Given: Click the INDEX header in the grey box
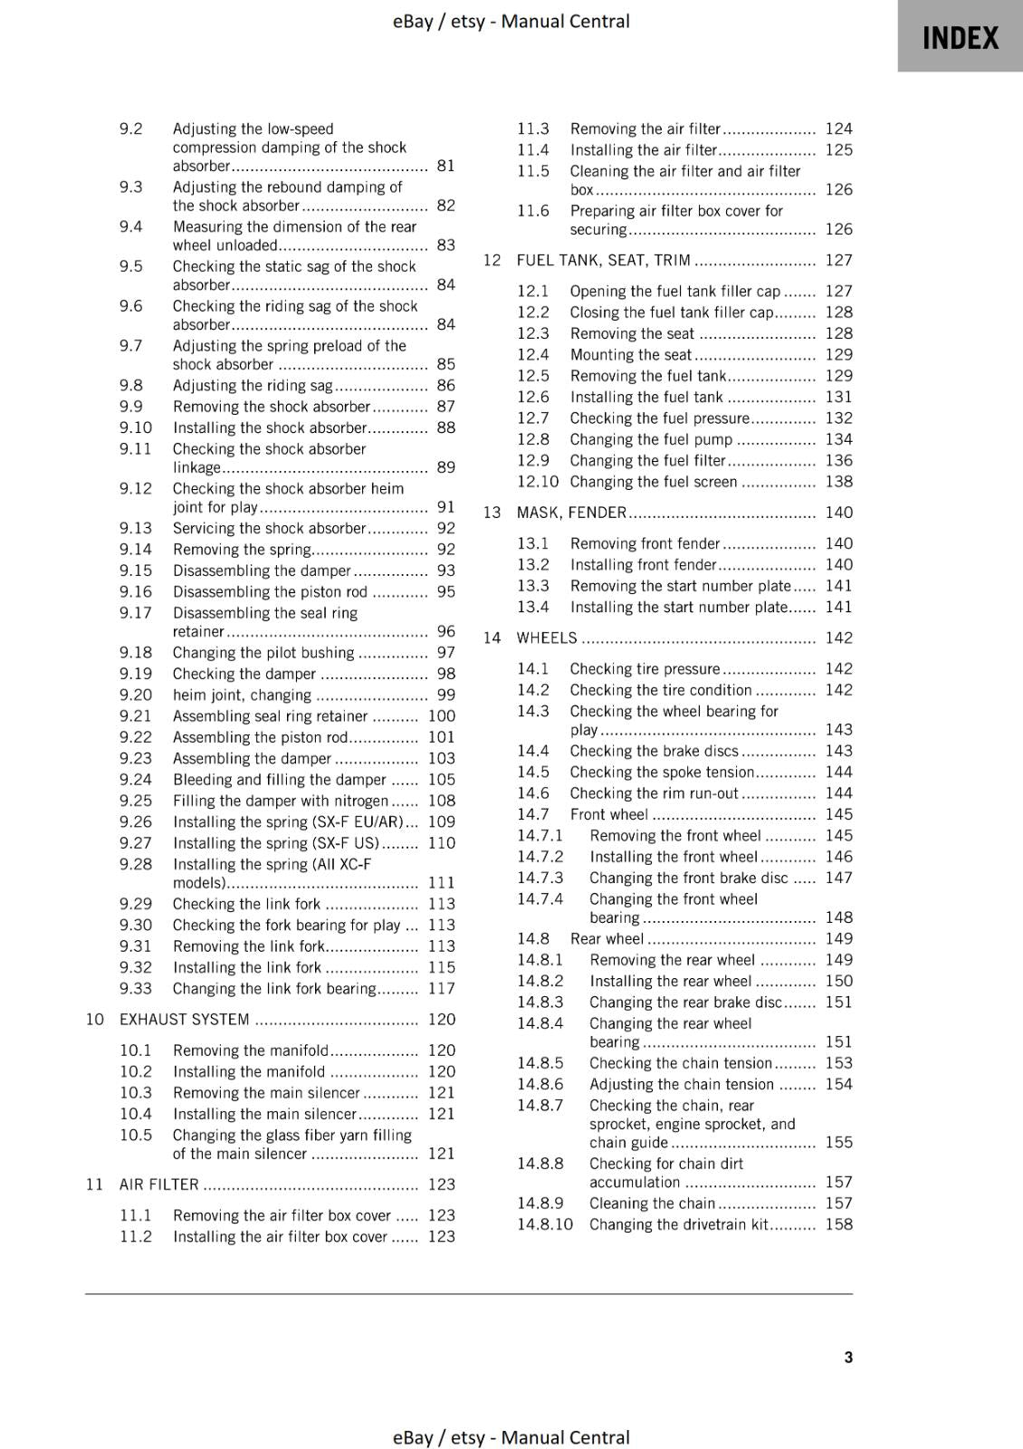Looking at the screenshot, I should tap(960, 38).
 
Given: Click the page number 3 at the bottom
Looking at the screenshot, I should tap(848, 1357).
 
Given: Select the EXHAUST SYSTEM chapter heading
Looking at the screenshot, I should tap(185, 1019).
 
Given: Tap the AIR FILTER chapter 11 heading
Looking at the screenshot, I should tap(159, 1184).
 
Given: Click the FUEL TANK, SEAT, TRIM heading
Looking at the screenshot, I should tap(603, 260).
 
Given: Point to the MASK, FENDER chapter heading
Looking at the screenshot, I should tap(571, 512).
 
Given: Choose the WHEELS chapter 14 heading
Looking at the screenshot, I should tap(546, 638).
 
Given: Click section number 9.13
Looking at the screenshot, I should tap(136, 528).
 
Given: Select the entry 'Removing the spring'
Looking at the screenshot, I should tap(242, 549).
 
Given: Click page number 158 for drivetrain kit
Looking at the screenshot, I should tap(838, 1224).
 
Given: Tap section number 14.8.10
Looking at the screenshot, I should tap(545, 1224).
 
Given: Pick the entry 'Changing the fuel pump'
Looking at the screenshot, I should tap(651, 439).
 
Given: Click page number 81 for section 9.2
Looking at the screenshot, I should tap(445, 166).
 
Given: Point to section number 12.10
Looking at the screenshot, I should tap(538, 482).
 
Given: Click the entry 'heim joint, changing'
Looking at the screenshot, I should tap(242, 695).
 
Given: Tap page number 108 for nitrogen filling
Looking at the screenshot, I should tap(442, 801).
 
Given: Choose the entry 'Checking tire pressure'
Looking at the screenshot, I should tap(645, 668).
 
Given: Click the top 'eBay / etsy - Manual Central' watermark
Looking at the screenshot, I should tap(511, 21).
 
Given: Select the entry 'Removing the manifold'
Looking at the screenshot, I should tap(251, 1050).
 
